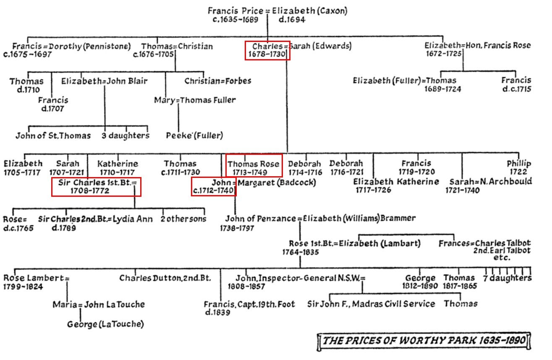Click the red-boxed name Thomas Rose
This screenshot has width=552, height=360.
pos(253,164)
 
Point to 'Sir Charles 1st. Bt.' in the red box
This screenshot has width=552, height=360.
pos(96,183)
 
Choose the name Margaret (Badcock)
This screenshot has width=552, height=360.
pos(277,183)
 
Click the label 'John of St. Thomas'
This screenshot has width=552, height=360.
pos(53,136)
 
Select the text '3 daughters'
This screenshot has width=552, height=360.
pos(126,136)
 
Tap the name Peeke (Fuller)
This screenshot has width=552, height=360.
pos(194,136)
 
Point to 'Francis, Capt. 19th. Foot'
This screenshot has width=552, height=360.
pos(249,304)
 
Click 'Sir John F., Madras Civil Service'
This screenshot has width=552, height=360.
pos(371,304)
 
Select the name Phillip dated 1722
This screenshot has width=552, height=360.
pos(518,163)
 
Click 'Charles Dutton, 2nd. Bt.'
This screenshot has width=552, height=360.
pos(165,278)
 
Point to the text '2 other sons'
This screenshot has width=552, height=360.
pos(183,219)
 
